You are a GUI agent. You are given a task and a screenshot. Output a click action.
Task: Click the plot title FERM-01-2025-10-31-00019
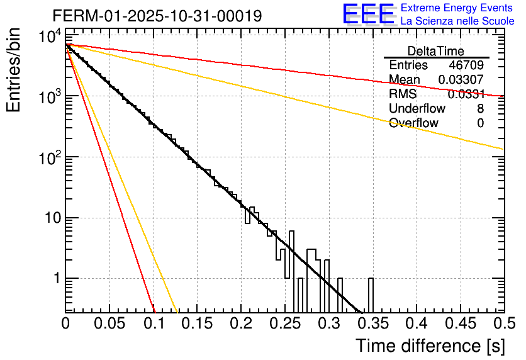[x=148, y=15]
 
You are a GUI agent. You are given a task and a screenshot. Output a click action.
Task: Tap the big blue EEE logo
[x=368, y=14]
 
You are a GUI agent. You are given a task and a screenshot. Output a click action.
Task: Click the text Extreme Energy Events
[x=457, y=8]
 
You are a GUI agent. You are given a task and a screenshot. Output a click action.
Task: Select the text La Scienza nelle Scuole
[x=457, y=21]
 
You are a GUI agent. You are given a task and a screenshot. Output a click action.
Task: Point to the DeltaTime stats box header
[x=436, y=51]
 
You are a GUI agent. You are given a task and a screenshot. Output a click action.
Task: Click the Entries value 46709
[x=466, y=65]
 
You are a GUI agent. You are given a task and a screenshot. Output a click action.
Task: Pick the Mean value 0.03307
[x=461, y=80]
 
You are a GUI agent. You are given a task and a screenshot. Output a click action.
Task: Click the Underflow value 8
[x=480, y=109]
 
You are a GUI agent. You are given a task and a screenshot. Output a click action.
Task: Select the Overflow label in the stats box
[x=413, y=123]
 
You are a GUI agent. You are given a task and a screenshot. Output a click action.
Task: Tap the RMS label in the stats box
[x=403, y=94]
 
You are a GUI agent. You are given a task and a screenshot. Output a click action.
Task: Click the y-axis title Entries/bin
[x=14, y=70]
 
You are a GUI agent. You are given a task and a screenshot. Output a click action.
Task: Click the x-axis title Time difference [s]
[x=429, y=346]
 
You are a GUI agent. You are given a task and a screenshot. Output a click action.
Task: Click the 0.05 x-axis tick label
[x=109, y=323]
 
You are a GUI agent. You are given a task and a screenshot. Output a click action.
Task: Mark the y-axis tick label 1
[x=55, y=279]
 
